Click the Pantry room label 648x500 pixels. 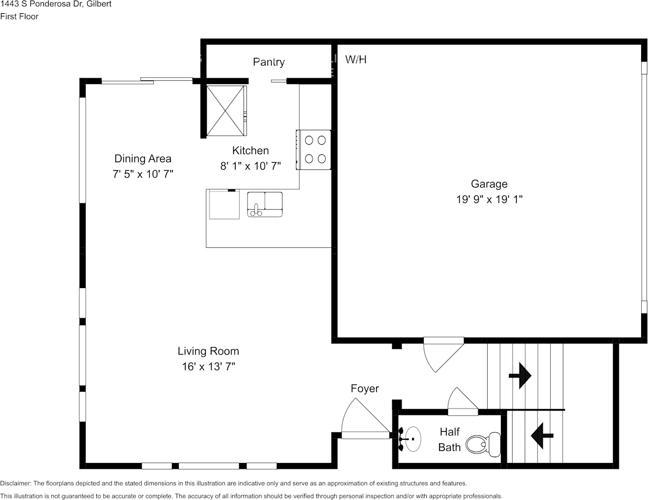[x=269, y=62]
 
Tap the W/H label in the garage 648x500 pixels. [x=356, y=60]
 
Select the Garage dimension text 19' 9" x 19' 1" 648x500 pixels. [x=489, y=199]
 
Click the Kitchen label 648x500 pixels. [x=251, y=151]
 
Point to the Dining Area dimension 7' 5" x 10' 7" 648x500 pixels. [x=143, y=174]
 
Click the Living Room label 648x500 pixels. [x=208, y=351]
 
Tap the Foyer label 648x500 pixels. [x=364, y=388]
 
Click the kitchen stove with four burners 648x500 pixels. [x=314, y=150]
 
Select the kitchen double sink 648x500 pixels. [x=265, y=205]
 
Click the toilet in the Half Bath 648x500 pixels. [x=483, y=445]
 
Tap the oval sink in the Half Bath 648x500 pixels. [x=413, y=439]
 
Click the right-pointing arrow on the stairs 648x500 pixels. [x=520, y=376]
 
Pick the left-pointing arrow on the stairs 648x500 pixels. [x=542, y=436]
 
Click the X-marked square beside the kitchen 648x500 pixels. [x=225, y=111]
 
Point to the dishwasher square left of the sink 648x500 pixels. [x=224, y=205]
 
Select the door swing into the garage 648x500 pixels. [x=444, y=355]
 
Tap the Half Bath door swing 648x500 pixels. [x=463, y=401]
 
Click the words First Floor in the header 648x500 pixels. [x=20, y=16]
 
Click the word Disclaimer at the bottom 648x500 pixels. [x=15, y=483]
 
